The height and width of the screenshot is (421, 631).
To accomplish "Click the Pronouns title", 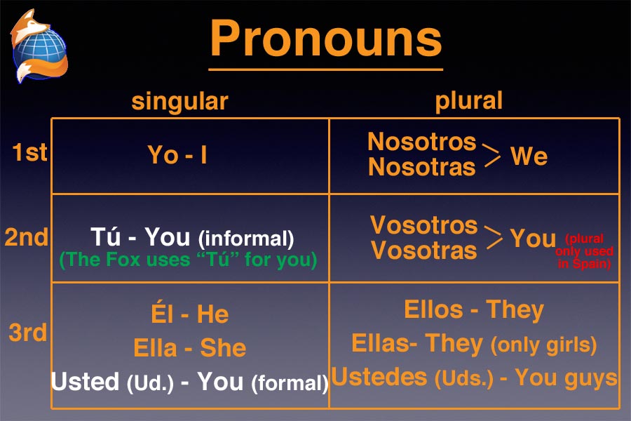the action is point(326,39).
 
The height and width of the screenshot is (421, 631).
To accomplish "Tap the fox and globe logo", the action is point(39,46).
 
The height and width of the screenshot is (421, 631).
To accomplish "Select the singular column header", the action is point(180,101).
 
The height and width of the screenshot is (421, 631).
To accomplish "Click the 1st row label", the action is point(29,152).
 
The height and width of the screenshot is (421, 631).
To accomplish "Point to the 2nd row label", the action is point(27,237).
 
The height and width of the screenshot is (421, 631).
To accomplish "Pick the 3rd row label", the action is point(28,333).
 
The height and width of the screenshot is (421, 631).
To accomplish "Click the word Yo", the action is point(163,154).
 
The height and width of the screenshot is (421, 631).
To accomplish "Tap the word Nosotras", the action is point(422,167).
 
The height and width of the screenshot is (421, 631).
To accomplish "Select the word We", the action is point(529,156).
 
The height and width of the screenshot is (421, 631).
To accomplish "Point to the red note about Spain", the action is point(584,251).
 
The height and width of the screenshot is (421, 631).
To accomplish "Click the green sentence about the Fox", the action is point(188,260).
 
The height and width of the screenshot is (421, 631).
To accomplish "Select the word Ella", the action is point(155,348).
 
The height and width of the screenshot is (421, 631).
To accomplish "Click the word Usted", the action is point(86,381).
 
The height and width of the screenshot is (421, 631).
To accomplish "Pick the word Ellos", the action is point(433,309).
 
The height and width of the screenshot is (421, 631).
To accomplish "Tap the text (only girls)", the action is point(543,345).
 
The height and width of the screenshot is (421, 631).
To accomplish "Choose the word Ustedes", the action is point(379,377).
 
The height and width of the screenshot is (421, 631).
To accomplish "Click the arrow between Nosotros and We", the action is point(491,155).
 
